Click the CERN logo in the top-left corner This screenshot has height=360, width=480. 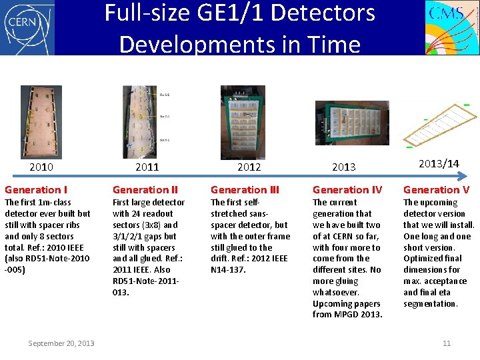coord(27,27)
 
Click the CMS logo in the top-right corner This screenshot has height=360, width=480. coord(452,27)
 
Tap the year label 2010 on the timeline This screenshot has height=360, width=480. coord(41,167)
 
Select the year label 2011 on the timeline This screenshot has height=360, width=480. coord(147,167)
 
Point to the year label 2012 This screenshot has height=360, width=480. coord(249,167)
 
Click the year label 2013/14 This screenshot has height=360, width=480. coord(439,164)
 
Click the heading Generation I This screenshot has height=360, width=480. coord(36,190)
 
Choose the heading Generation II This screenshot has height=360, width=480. coord(145,190)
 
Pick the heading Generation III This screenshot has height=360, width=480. coord(246,190)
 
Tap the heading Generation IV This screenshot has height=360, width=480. coord(347,190)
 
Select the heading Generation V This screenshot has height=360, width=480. coord(436,190)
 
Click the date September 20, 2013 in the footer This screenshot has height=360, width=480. coord(61,343)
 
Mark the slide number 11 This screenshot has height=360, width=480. coord(447,343)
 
